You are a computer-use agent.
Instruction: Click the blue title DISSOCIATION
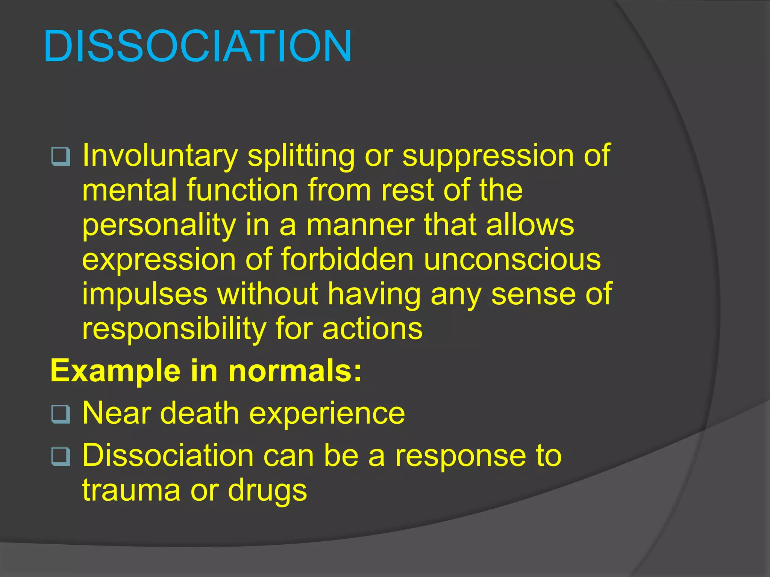coord(198,47)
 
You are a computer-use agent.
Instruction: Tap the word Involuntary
coord(160,156)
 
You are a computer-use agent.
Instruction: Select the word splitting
coord(301,156)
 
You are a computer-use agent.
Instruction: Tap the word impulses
coord(145,294)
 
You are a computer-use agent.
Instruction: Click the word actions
coord(372,329)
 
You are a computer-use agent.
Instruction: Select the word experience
coord(327,413)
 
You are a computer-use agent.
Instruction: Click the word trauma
coord(131,490)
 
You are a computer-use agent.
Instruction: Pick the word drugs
coord(267,490)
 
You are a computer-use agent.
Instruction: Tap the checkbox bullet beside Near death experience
coord(61,414)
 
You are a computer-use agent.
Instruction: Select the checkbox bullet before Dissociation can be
coord(61,457)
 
